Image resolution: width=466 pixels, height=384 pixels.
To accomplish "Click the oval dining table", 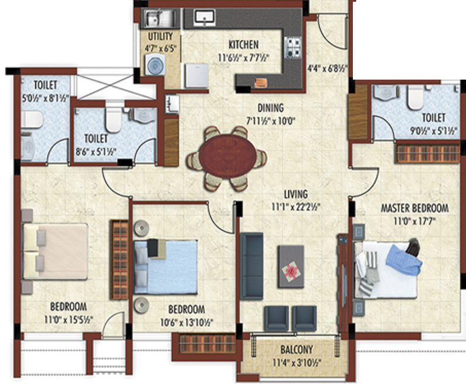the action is coord(227,156).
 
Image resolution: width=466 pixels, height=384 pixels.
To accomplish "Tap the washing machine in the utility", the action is coord(155,64).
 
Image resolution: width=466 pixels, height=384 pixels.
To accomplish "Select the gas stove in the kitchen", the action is coord(292,47).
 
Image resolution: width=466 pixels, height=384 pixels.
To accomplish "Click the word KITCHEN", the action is coord(243,45).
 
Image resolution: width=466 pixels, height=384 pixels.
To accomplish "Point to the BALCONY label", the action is coord(297,349).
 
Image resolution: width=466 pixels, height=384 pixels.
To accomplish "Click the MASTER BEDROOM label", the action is coord(414,208).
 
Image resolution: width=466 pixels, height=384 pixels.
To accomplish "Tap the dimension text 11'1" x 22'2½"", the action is coord(296,207).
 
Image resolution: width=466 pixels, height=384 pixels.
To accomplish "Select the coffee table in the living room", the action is coord(291,266).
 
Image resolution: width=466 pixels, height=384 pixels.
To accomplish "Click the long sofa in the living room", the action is coord(251,266).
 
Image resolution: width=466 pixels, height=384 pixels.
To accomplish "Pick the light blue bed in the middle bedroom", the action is coord(166,267).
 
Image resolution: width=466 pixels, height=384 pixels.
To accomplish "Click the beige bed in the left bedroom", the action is coord(55,251).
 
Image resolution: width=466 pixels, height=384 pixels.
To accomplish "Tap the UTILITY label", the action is coord(160,36).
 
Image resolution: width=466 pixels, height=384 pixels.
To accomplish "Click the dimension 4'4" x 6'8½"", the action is coord(327,68).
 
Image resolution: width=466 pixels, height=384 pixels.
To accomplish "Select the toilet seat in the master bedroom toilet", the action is coord(415,97).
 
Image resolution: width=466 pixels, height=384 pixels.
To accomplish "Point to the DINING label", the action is coord(270,108).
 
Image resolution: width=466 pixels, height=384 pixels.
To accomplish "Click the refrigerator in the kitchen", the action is coord(196,76).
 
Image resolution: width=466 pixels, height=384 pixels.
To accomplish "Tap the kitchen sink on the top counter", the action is coord(205,17).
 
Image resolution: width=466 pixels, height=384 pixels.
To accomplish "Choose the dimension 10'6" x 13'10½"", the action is coord(186,323).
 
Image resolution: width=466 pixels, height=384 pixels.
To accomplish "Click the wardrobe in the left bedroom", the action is coord(119,259).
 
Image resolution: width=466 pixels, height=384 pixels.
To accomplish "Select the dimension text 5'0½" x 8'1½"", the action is coord(46,98).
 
